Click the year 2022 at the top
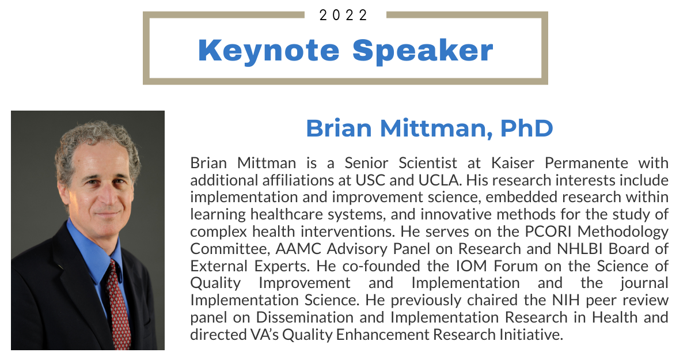pyautogui.click(x=343, y=15)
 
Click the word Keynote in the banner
pyautogui.click(x=269, y=51)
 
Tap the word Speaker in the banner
pyautogui.click(x=423, y=51)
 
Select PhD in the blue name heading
pyautogui.click(x=526, y=128)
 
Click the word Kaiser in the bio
pyautogui.click(x=512, y=163)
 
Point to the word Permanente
pyautogui.click(x=586, y=163)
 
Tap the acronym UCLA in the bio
pyautogui.click(x=440, y=180)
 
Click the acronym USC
pyautogui.click(x=370, y=180)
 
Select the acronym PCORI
pyautogui.click(x=548, y=232)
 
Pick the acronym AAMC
pyautogui.click(x=298, y=249)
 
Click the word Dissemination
pyautogui.click(x=305, y=317)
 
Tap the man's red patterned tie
pyautogui.click(x=118, y=305)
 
